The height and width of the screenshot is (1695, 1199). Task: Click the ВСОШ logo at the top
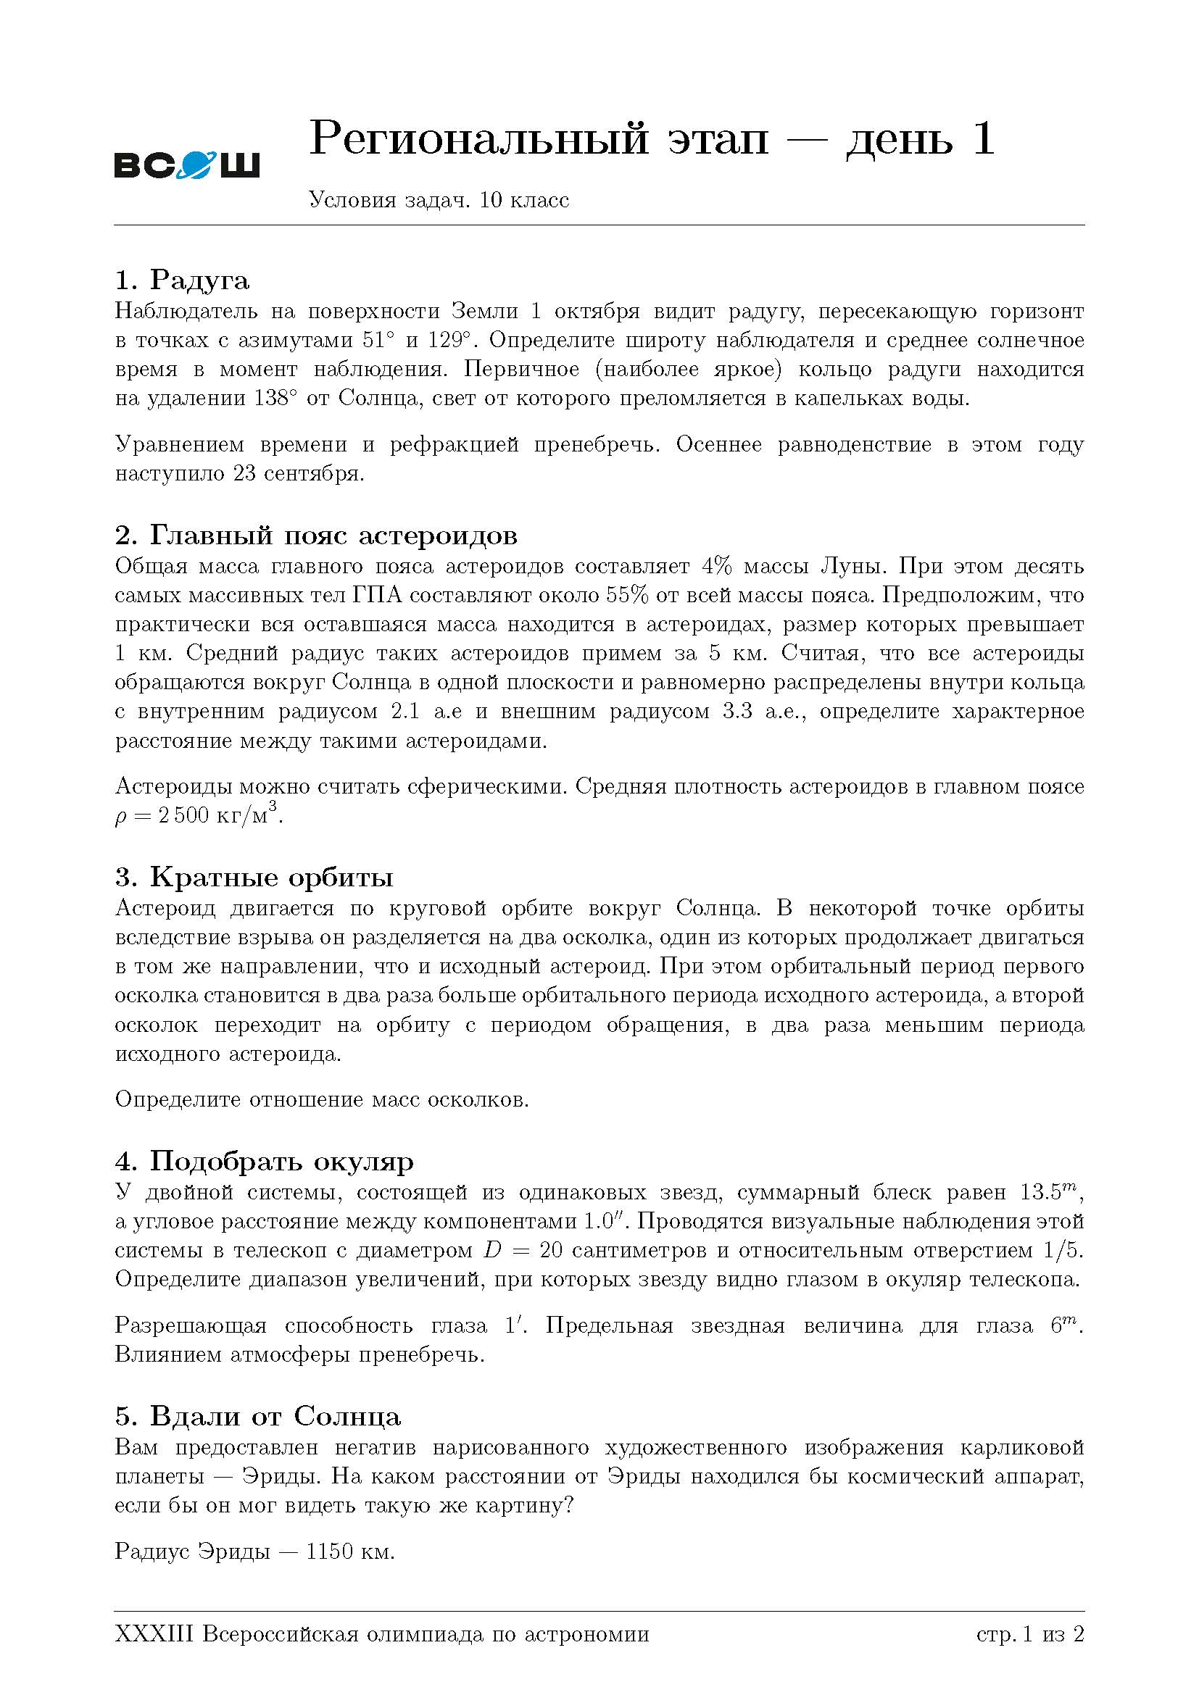[187, 165]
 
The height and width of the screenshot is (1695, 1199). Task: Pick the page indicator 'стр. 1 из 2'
[1030, 1634]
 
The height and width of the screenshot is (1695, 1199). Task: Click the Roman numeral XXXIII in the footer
[154, 1634]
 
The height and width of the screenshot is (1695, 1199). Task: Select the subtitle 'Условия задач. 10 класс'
[439, 200]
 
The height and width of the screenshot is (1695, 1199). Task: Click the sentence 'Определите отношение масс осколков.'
[322, 1099]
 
